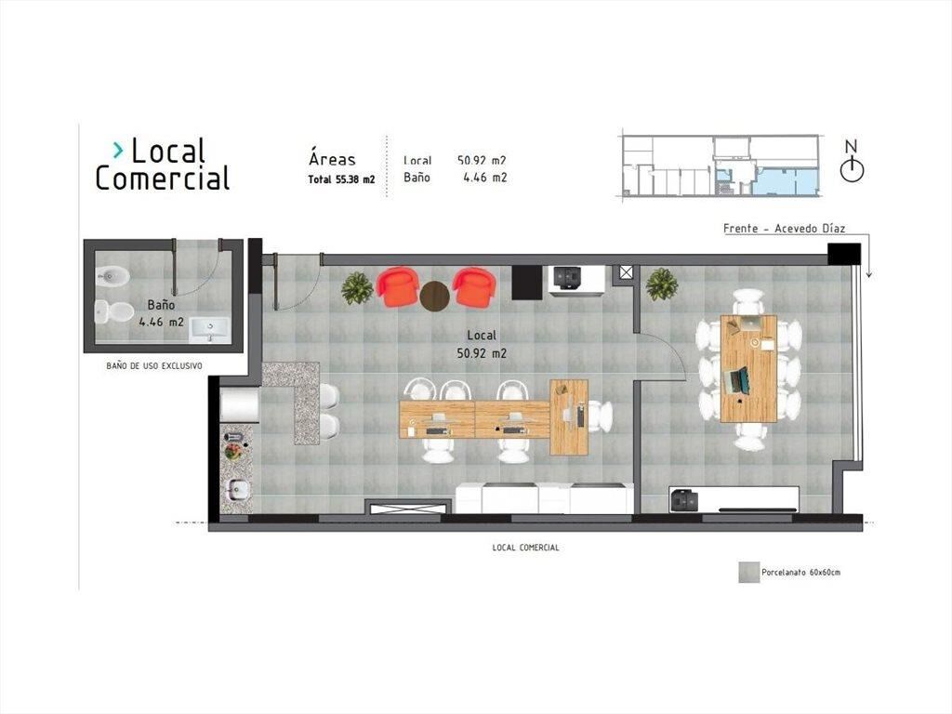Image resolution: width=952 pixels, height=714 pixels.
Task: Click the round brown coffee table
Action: [x=435, y=297]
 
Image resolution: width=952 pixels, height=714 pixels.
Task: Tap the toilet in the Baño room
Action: [x=114, y=311]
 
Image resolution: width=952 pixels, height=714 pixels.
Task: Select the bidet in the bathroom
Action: [x=112, y=277]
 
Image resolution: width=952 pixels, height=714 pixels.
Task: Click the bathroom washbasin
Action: [x=209, y=330]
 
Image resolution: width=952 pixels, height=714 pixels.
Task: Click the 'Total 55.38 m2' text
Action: [x=341, y=179]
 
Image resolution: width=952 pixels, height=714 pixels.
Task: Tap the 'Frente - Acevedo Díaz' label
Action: [x=784, y=229]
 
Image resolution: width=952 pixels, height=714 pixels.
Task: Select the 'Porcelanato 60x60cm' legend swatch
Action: [x=748, y=572]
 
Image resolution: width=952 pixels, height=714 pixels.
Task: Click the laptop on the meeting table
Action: [x=736, y=380]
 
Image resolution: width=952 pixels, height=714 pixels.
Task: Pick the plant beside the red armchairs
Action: [x=357, y=288]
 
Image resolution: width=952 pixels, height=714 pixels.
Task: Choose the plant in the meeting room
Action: [x=661, y=284]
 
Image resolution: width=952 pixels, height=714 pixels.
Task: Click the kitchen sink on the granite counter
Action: [x=235, y=488]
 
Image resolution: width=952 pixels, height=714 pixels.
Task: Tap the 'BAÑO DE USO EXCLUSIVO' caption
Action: [x=154, y=366]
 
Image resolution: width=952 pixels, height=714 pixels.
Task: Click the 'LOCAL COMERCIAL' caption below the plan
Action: [x=526, y=547]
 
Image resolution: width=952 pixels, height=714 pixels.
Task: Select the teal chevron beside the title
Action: [x=118, y=150]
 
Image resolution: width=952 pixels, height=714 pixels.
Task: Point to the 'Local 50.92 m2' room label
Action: [x=482, y=344]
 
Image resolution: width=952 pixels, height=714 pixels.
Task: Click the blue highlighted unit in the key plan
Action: [x=787, y=181]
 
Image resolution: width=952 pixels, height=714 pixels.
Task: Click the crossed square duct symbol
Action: [x=626, y=272]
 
